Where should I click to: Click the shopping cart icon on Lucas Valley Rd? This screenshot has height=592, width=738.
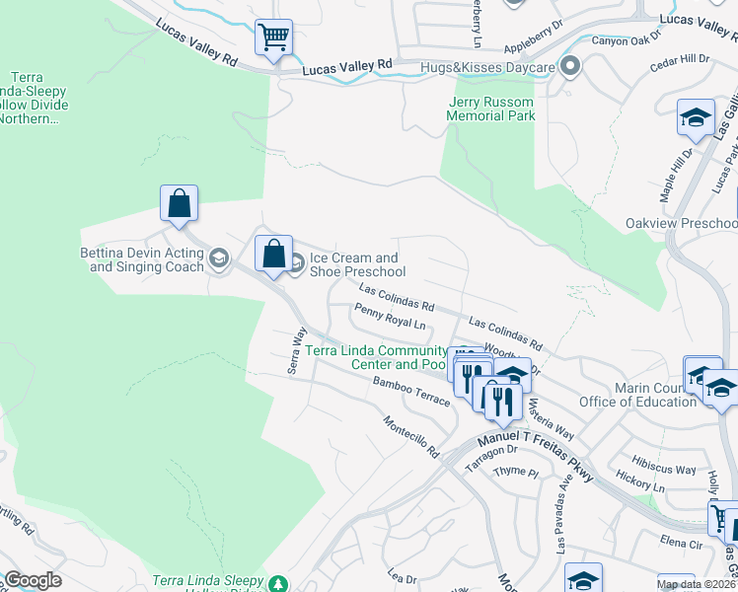[273, 38]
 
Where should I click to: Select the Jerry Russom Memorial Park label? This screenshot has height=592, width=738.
[491, 109]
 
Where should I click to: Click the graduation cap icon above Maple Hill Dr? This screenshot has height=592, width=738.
[696, 117]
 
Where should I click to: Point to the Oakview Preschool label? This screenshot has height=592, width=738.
[681, 223]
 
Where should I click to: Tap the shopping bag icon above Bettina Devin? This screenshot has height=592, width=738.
[179, 204]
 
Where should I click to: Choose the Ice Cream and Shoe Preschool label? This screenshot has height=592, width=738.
[357, 264]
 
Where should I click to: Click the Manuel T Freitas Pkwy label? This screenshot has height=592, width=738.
[534, 458]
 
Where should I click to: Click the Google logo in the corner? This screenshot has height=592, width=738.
[32, 580]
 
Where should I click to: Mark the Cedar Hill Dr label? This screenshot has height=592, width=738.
[680, 60]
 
